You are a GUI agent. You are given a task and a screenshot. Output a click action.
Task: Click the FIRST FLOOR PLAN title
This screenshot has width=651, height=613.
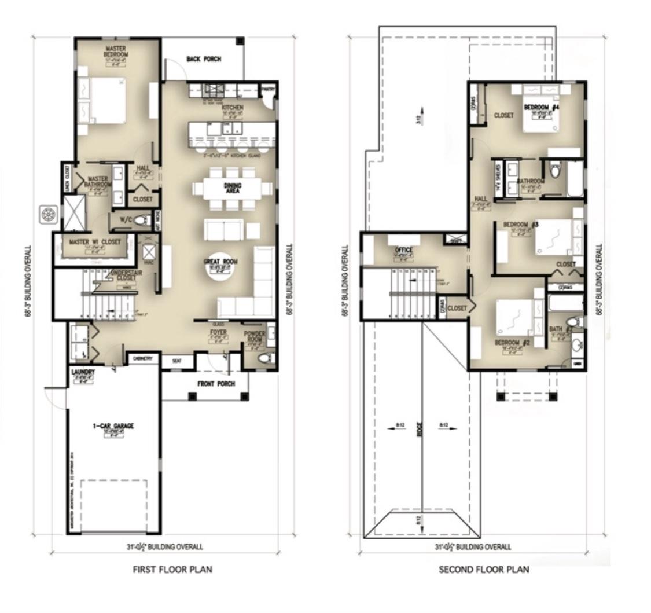pyautogui.click(x=172, y=570)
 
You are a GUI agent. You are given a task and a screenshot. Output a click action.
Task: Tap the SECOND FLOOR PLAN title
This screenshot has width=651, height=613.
pyautogui.click(x=483, y=570)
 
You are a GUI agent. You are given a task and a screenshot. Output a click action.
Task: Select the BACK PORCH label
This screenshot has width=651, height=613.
pyautogui.click(x=204, y=59)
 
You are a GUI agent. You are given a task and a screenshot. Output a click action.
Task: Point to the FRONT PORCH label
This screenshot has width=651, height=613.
pyautogui.click(x=216, y=384)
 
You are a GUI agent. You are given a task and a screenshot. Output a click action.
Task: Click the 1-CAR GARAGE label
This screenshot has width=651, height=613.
pyautogui.click(x=113, y=426)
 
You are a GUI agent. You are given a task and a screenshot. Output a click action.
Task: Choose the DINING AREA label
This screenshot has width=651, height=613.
pyautogui.click(x=233, y=188)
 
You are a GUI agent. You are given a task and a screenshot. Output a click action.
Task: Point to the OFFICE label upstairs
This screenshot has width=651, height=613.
pyautogui.click(x=403, y=250)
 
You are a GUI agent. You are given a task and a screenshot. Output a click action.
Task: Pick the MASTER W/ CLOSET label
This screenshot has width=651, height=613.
pyautogui.click(x=95, y=242)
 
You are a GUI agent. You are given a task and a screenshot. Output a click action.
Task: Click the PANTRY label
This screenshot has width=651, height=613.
pyautogui.click(x=267, y=89)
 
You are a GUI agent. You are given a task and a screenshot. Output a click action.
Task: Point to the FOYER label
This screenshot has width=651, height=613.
pyautogui.click(x=218, y=333)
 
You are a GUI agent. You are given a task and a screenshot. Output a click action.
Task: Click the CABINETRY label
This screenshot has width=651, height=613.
pyautogui.click(x=142, y=359)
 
